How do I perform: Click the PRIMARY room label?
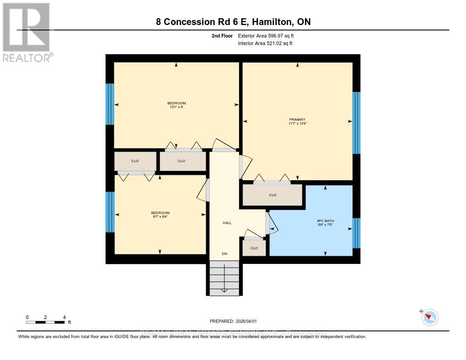click(297, 119)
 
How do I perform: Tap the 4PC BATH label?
click(325, 220)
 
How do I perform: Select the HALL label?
click(227, 223)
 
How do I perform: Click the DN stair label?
click(224, 254)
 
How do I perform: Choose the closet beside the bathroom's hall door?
click(254, 248)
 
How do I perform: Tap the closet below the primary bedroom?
click(272, 195)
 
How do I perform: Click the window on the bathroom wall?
click(356, 233)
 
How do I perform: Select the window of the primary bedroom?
click(356, 123)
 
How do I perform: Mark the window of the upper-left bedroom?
click(110, 104)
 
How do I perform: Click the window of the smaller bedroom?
click(110, 212)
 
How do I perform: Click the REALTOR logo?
click(27, 32)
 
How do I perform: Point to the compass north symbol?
click(429, 317)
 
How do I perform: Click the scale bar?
click(46, 322)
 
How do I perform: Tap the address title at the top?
click(233, 22)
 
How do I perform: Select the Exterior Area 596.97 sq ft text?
click(269, 35)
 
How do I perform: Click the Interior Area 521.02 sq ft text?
click(265, 44)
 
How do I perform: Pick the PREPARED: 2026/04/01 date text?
click(236, 321)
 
